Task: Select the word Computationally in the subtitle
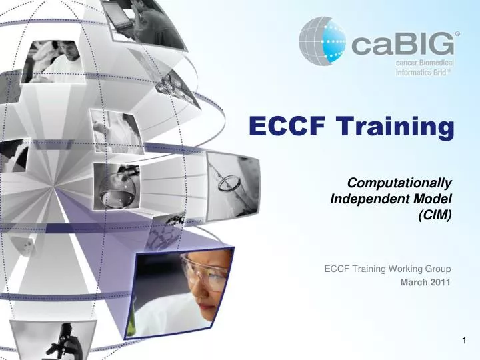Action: point(402,183)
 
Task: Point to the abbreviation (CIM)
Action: point(435,214)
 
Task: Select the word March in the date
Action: point(413,282)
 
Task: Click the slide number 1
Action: point(465,341)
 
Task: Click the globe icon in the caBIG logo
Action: point(323,43)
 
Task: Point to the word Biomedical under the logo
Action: point(433,63)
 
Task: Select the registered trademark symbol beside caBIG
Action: point(457,33)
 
